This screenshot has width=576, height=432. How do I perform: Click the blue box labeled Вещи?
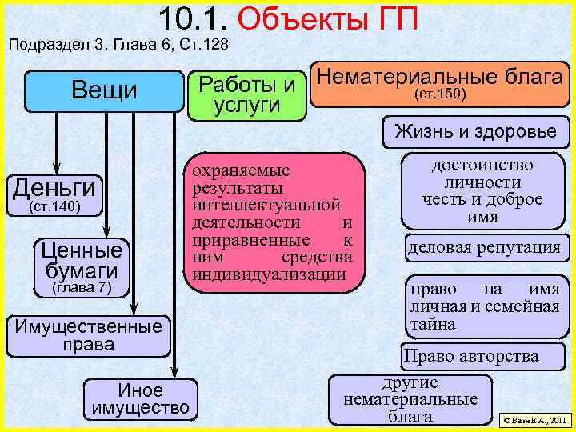[x=104, y=90]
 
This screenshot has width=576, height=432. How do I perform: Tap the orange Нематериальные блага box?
[x=438, y=85]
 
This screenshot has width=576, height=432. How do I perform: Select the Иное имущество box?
[x=141, y=399]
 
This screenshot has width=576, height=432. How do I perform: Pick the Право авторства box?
[x=471, y=356]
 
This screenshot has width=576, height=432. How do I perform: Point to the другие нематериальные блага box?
[x=410, y=398]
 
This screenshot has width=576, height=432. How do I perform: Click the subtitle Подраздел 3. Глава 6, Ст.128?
[x=118, y=45]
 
